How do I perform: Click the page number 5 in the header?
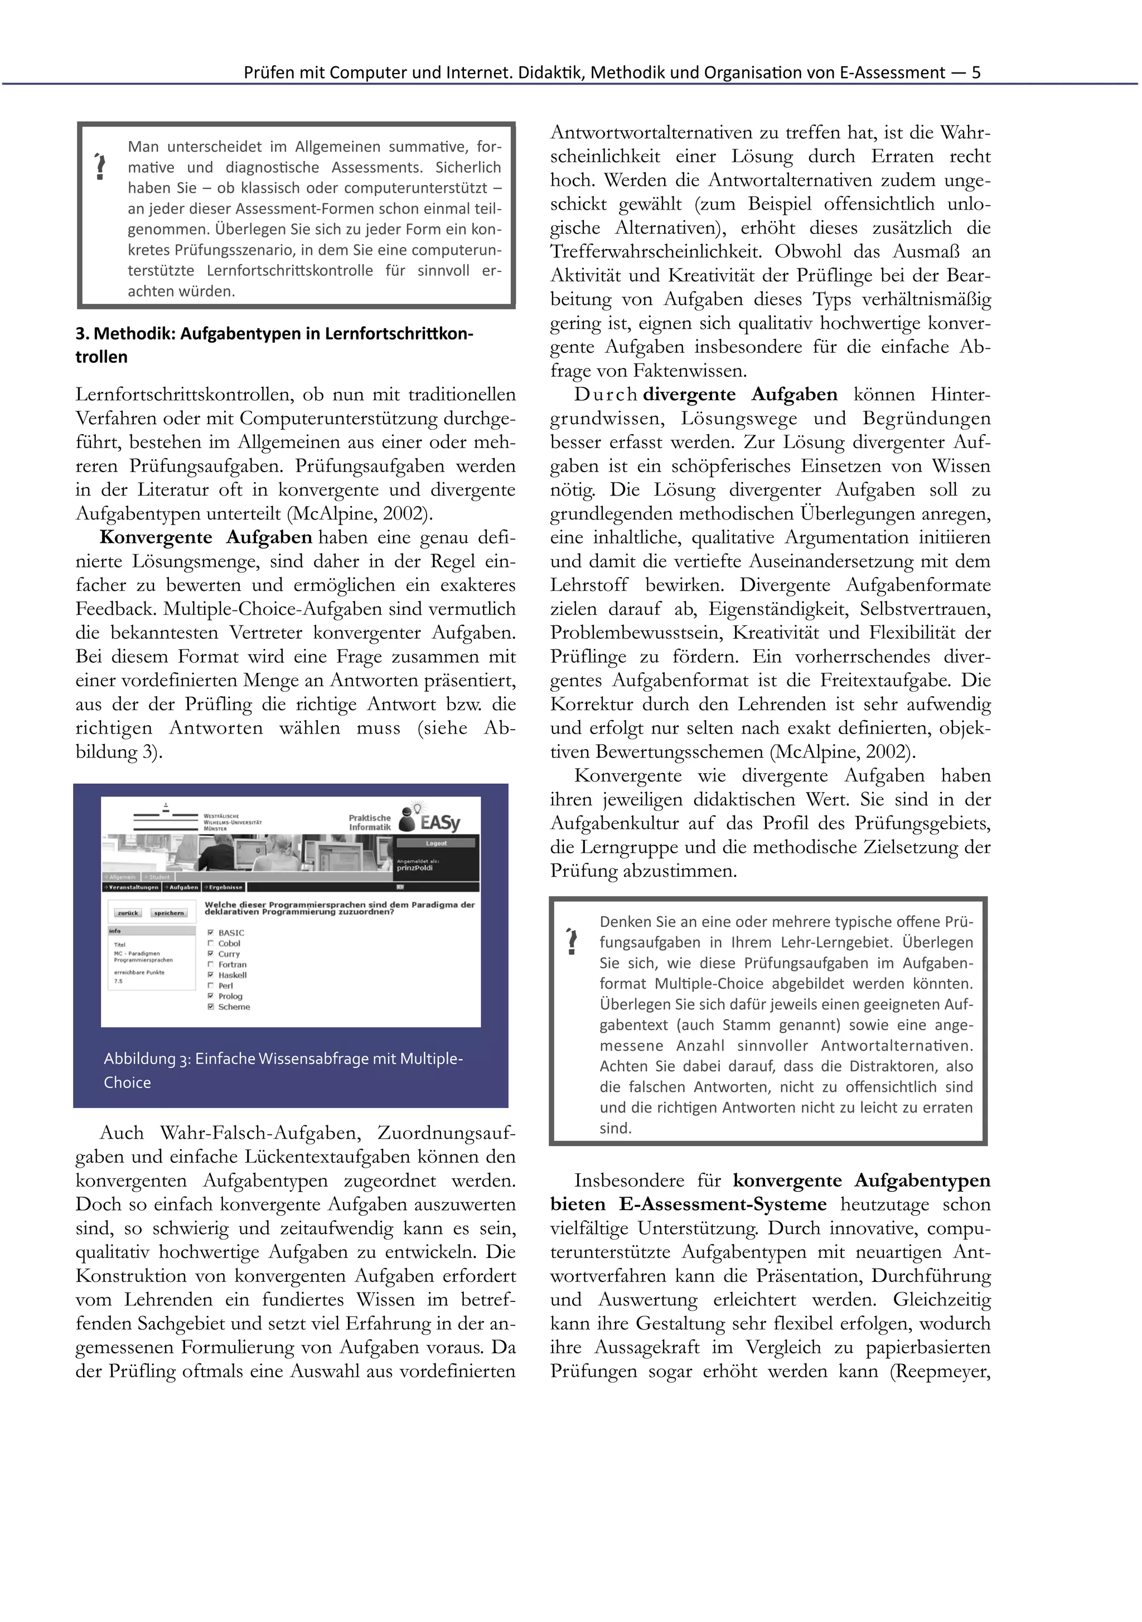tap(976, 72)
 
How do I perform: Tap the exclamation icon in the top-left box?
tap(100, 167)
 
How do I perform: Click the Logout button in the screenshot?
tap(436, 843)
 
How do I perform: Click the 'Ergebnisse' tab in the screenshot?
tap(225, 887)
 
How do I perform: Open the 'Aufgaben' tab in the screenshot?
tap(182, 887)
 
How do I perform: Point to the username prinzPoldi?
tap(415, 867)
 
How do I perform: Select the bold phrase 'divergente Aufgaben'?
tap(740, 394)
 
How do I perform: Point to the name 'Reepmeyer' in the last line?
tap(942, 1371)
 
